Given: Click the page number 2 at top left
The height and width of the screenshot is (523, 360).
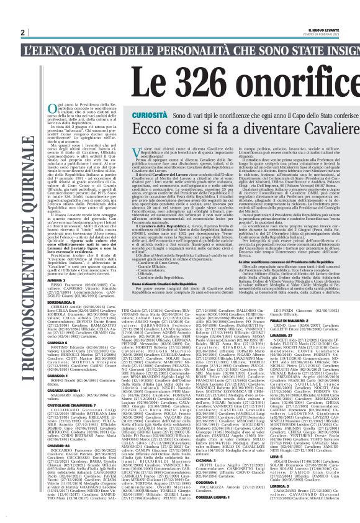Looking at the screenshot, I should [x=22, y=32].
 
